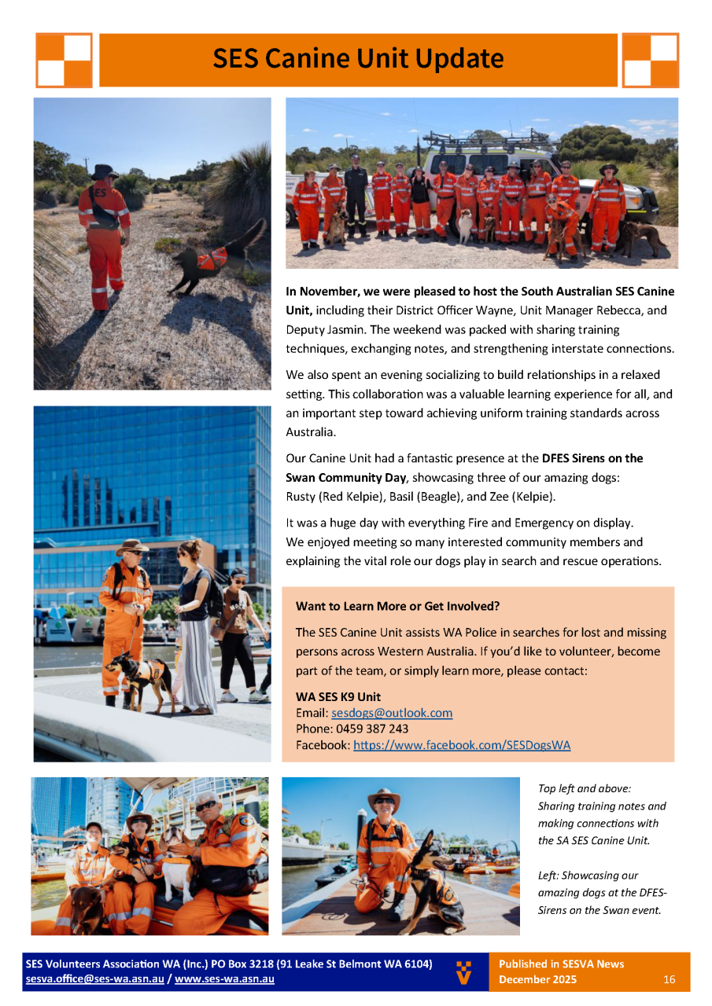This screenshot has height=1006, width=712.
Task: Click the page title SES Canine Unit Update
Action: click(358, 59)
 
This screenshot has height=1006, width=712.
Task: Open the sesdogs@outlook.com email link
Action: click(392, 713)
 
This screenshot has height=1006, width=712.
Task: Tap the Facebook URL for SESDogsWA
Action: click(462, 745)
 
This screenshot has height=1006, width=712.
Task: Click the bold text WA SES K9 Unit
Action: click(338, 696)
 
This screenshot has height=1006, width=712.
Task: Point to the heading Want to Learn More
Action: click(397, 606)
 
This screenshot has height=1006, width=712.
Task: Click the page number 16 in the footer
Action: click(670, 979)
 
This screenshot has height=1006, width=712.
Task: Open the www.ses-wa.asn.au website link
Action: click(224, 979)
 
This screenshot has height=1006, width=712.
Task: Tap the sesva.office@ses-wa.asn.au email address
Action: click(94, 979)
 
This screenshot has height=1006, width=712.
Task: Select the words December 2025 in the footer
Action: click(537, 979)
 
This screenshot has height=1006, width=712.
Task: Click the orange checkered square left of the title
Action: click(64, 60)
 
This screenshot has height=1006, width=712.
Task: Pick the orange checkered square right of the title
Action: click(651, 60)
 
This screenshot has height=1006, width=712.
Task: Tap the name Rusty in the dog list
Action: click(301, 497)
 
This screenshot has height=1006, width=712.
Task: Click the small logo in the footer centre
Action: click(464, 971)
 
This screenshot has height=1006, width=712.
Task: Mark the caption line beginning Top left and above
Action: click(585, 788)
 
